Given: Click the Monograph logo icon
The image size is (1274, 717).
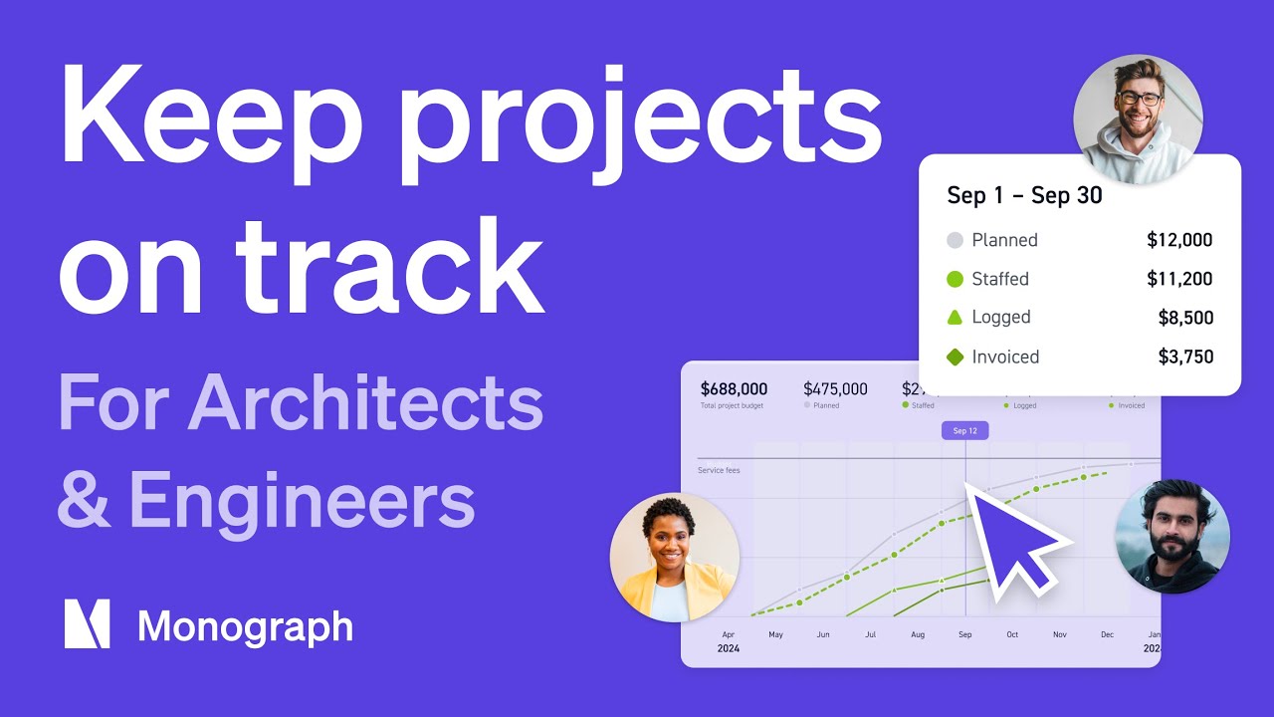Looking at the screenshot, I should point(87,624).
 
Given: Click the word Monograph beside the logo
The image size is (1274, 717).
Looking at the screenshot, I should point(245,626).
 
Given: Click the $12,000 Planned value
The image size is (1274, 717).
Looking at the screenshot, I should point(1179,240).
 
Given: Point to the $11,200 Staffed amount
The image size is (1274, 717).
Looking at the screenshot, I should point(1179,279).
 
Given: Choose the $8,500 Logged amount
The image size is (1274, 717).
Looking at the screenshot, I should point(1185,318).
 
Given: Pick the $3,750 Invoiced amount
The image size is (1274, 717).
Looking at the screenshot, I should point(1185,357).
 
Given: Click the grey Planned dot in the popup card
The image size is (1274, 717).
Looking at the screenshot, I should point(955,240).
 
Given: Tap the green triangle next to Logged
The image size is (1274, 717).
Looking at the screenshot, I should point(955,318).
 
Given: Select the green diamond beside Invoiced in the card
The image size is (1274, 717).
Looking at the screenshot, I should point(955,357).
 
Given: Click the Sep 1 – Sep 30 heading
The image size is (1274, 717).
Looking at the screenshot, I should point(1024,195).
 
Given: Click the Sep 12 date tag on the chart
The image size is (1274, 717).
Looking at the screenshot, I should point(964,431).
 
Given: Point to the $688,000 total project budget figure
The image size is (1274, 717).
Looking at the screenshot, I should point(734,389).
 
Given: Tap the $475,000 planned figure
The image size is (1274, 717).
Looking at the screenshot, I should point(835,389).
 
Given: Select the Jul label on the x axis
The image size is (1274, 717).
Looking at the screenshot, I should point(870,634).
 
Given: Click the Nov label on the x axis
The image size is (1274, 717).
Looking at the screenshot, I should point(1059,634).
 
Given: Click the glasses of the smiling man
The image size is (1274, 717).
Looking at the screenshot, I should point(1139,98).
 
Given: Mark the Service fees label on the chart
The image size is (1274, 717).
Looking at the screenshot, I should point(719,470).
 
